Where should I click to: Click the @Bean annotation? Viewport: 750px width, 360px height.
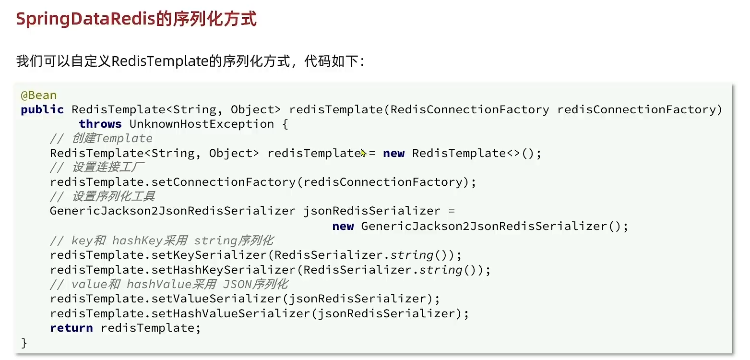point(39,95)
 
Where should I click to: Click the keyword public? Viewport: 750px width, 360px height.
point(42,109)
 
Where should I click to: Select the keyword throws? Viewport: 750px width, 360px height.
point(100,124)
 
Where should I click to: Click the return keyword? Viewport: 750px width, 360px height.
point(71,328)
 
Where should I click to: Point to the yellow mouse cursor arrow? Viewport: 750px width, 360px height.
point(363,153)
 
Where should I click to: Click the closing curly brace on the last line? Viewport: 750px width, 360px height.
point(24,343)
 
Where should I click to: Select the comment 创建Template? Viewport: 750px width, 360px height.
point(112,139)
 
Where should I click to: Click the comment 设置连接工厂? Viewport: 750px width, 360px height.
point(108,168)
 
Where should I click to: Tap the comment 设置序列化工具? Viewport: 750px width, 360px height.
point(114,196)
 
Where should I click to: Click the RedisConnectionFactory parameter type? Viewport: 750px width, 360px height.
point(470,109)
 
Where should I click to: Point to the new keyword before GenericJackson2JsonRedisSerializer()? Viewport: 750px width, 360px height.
point(343,226)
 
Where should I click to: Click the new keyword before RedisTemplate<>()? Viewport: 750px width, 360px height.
point(394,153)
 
